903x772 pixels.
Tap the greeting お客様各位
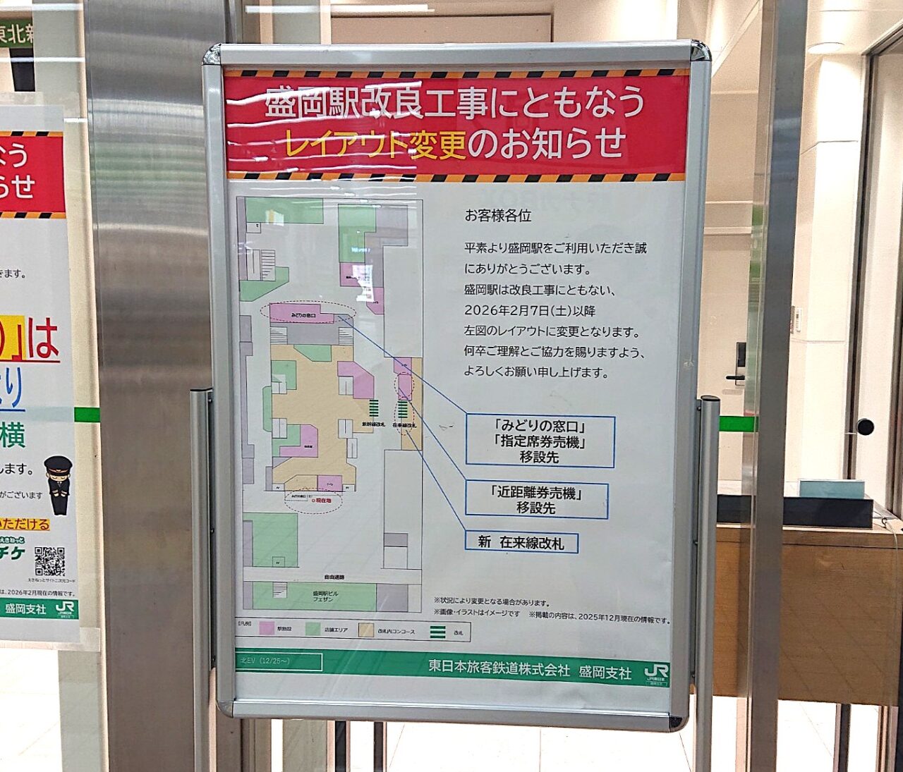tap(497, 216)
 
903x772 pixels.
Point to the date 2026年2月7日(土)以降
tap(529, 310)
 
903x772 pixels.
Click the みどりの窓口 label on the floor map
tap(288, 310)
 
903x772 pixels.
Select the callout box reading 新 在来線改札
tap(522, 542)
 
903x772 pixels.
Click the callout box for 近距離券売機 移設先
tap(536, 500)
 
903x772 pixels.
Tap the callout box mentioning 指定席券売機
tap(540, 441)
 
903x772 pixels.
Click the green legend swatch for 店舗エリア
tap(313, 629)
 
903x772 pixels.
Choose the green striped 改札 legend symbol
tap(437, 632)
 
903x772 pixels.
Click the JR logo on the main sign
tap(656, 673)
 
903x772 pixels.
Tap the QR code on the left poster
tap(49, 561)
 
